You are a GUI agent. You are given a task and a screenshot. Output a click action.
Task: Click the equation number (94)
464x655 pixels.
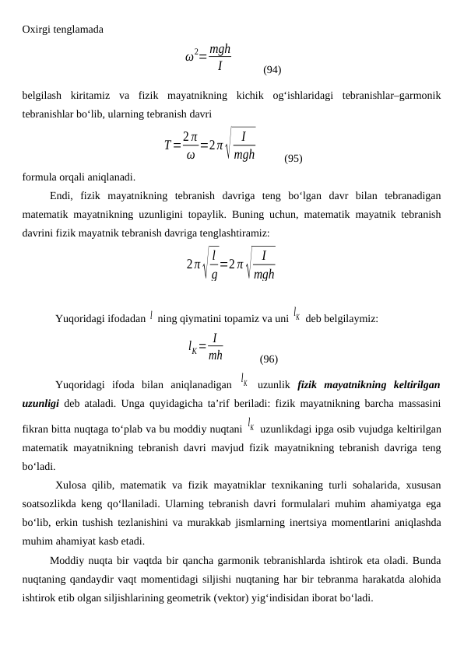[x=272, y=70]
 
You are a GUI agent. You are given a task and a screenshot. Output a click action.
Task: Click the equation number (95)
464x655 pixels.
[x=294, y=159]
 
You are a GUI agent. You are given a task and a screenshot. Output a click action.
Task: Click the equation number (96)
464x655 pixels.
[x=269, y=359]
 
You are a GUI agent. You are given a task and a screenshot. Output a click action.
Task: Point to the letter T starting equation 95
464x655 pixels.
[x=168, y=145]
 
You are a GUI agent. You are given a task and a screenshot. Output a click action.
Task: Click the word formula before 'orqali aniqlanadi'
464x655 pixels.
[x=40, y=177]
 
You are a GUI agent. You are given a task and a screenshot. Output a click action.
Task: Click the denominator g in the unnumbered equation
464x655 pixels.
[x=214, y=274]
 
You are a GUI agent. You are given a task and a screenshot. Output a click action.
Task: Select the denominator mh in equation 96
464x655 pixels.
[x=216, y=356]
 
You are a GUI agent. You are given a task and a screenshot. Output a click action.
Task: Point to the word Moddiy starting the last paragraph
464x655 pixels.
[x=66, y=561]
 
